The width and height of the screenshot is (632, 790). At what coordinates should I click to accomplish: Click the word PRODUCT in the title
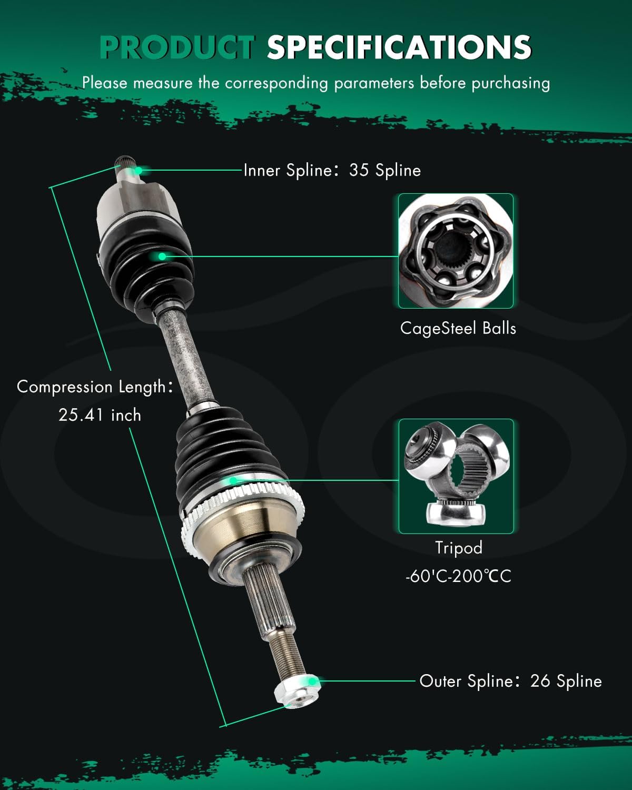coord(176,47)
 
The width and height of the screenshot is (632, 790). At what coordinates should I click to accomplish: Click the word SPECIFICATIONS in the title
coord(399,47)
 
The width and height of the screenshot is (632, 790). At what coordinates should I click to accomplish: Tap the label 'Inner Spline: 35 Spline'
coord(332,170)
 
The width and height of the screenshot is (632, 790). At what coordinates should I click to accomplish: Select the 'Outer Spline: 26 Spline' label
coord(510,681)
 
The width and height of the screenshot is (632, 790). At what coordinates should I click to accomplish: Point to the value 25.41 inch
coord(100,415)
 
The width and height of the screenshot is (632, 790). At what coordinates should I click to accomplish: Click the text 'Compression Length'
coord(92,387)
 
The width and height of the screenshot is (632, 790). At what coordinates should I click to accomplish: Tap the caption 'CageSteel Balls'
coord(458,328)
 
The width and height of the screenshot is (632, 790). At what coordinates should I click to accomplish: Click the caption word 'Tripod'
coord(458,548)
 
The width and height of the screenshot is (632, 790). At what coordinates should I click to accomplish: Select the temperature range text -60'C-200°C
coord(458,576)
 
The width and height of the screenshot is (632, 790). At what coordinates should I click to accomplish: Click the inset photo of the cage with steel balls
coord(456,251)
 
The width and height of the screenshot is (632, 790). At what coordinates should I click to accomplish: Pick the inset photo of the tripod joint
coord(456,476)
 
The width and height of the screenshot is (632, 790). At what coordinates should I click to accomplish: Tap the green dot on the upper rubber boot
coord(162,256)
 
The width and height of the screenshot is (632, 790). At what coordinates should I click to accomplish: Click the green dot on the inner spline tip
coord(139,170)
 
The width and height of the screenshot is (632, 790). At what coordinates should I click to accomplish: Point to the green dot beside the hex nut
coord(313,681)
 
